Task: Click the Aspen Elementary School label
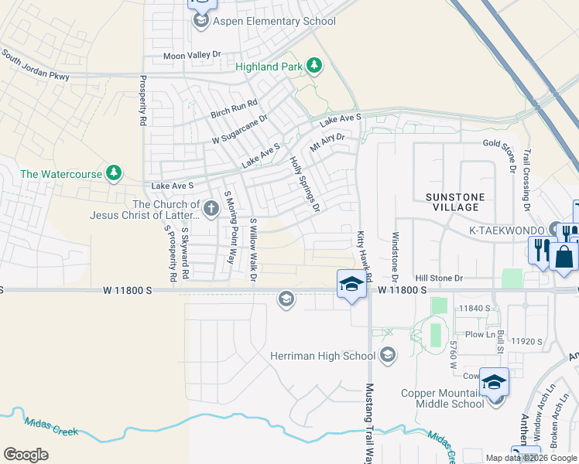pyautogui.click(x=274, y=21)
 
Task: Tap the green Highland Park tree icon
pyautogui.click(x=314, y=67)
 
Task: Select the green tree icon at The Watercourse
pyautogui.click(x=114, y=173)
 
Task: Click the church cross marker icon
pyautogui.click(x=211, y=208)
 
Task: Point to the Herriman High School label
pyautogui.click(x=323, y=356)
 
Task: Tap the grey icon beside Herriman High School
pyautogui.click(x=388, y=356)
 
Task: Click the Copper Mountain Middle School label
pyautogui.click(x=442, y=398)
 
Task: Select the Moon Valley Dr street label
pyautogui.click(x=192, y=56)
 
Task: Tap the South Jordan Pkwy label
pyautogui.click(x=35, y=66)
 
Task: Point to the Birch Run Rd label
pyautogui.click(x=234, y=108)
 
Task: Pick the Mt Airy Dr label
pyautogui.click(x=326, y=142)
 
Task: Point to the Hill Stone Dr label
pyautogui.click(x=438, y=278)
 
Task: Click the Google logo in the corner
pyautogui.click(x=26, y=455)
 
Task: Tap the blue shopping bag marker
pyautogui.click(x=565, y=257)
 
